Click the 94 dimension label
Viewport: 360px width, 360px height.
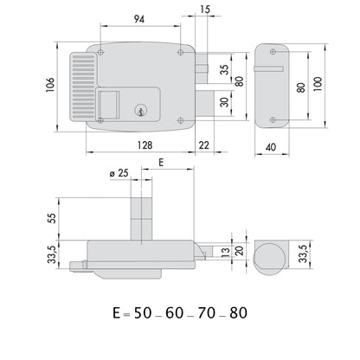pyautogui.click(x=139, y=19)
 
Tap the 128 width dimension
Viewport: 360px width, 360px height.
pyautogui.click(x=145, y=145)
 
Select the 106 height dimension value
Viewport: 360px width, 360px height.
pyautogui.click(x=50, y=85)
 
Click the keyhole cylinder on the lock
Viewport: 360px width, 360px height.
pyautogui.click(x=140, y=110)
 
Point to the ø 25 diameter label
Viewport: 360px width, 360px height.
pyautogui.click(x=119, y=173)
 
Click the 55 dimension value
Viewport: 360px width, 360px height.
pyautogui.click(x=52, y=218)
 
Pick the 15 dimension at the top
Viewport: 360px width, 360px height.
pyautogui.click(x=204, y=10)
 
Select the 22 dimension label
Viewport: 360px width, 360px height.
pyautogui.click(x=204, y=145)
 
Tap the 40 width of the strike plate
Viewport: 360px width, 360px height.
pyautogui.click(x=271, y=147)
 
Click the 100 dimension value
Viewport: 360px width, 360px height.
pyautogui.click(x=318, y=84)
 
